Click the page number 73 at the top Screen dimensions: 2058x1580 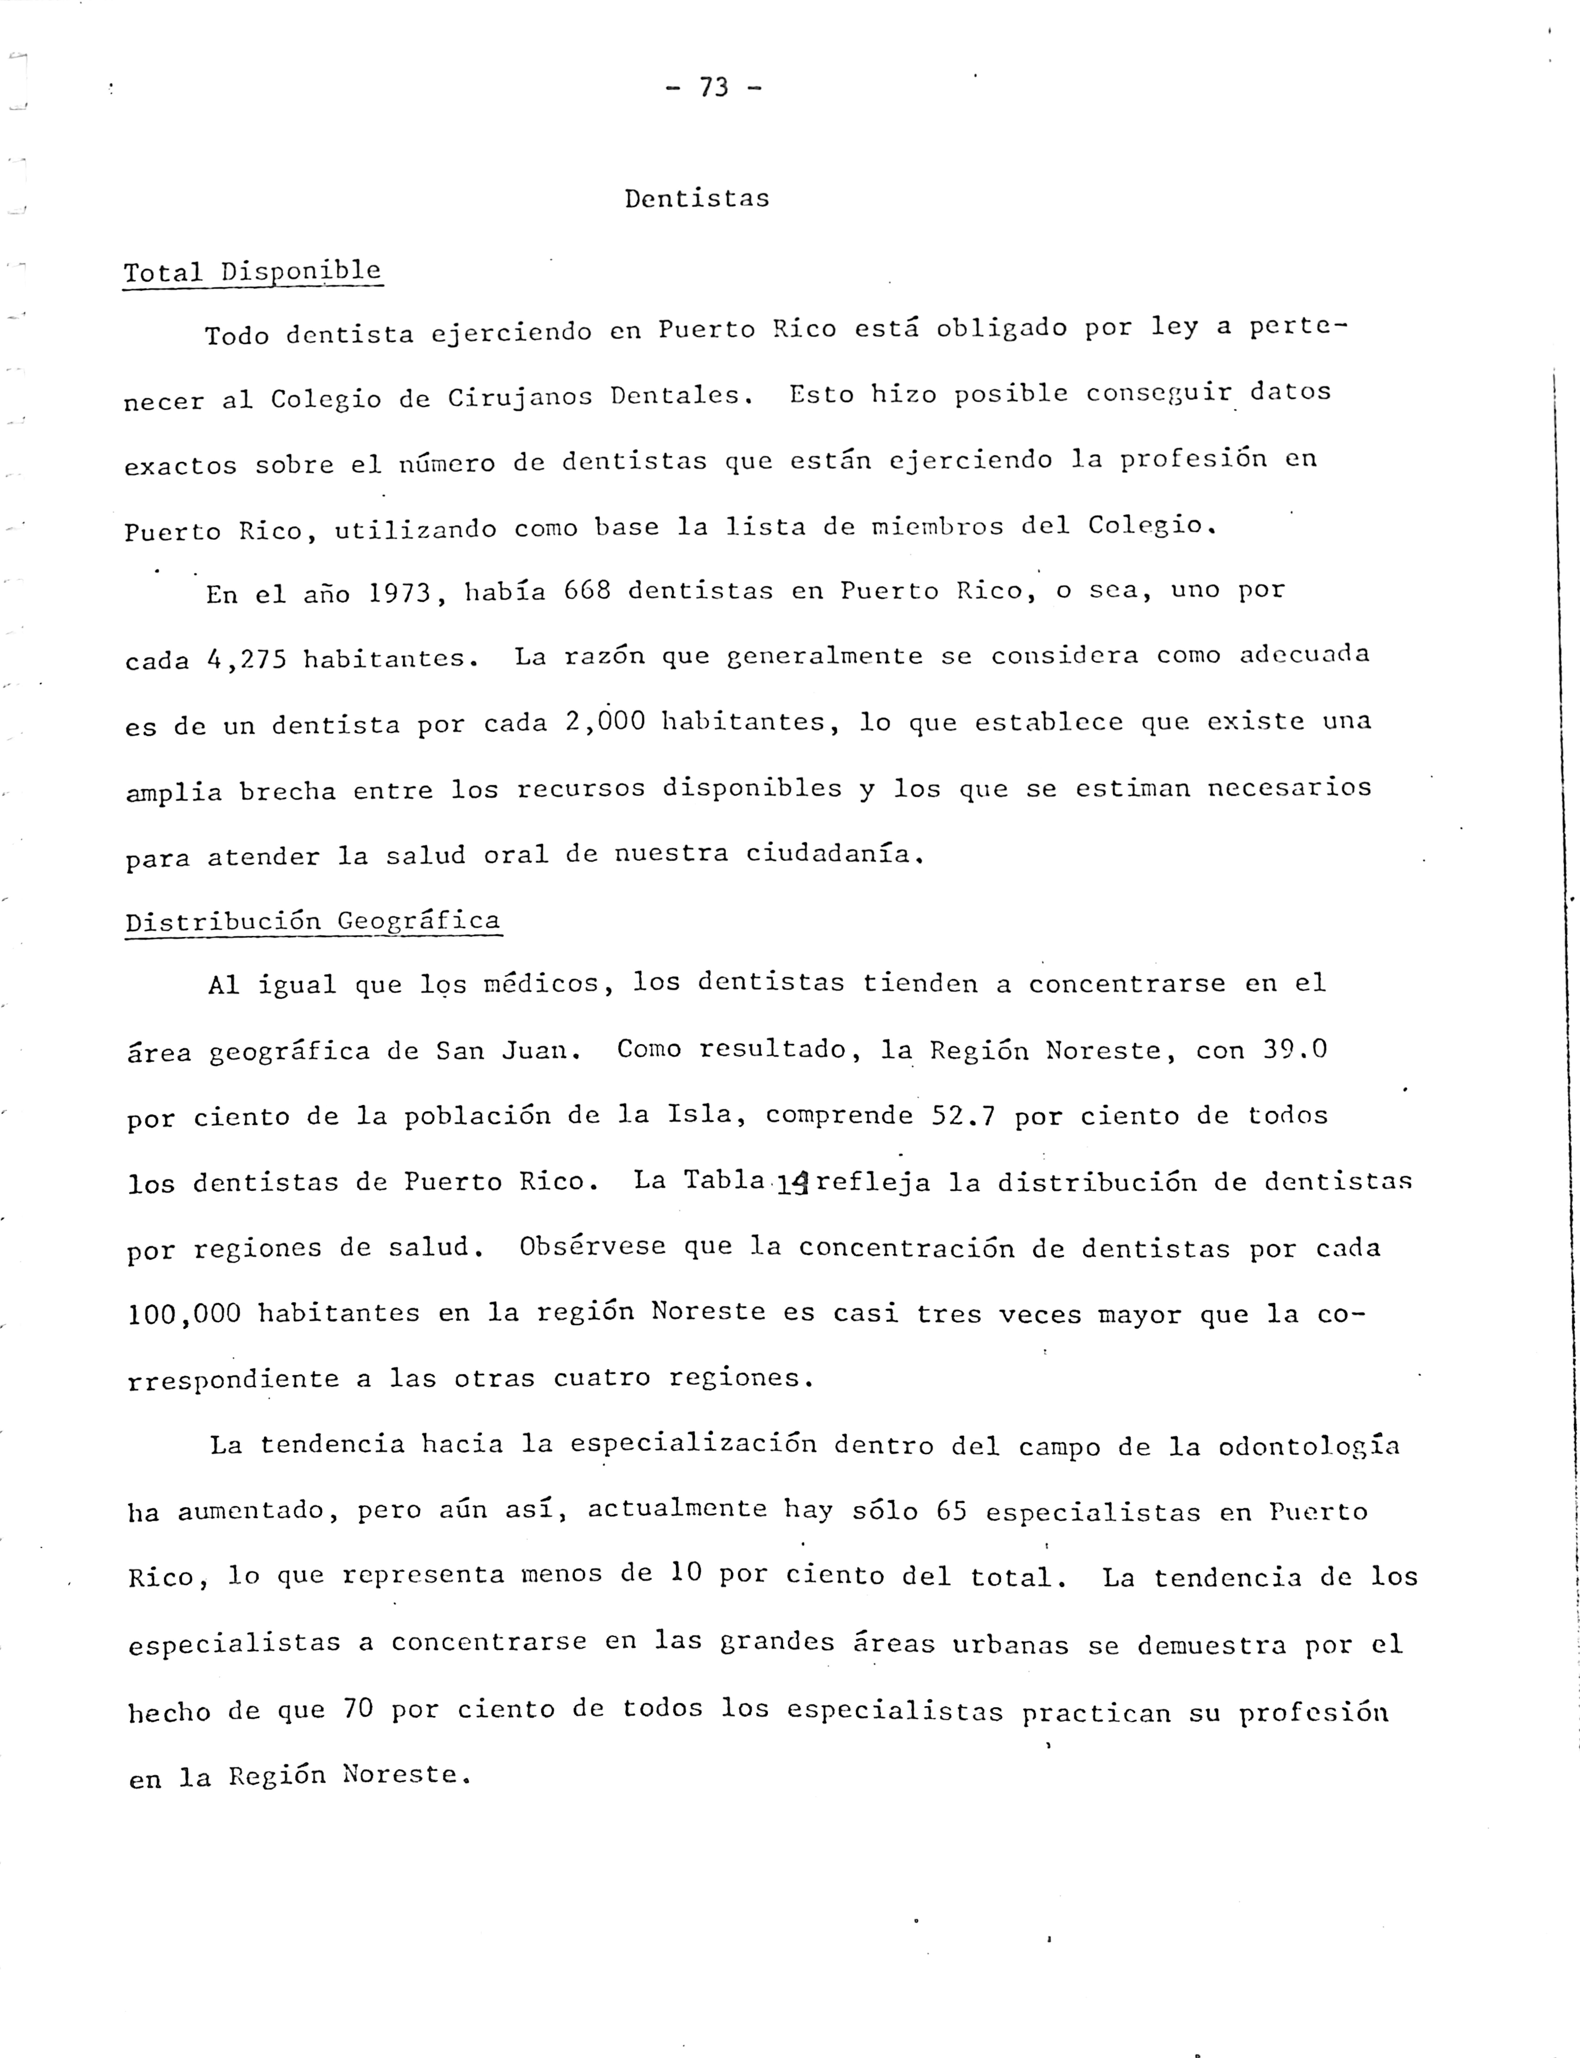coord(714,88)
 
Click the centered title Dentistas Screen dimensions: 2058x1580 coord(697,198)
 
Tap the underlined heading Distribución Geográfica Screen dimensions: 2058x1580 coord(313,921)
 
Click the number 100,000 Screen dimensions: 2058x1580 coord(184,1314)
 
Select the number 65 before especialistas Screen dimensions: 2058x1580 coord(952,1511)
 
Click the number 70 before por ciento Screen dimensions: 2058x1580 coord(358,1709)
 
